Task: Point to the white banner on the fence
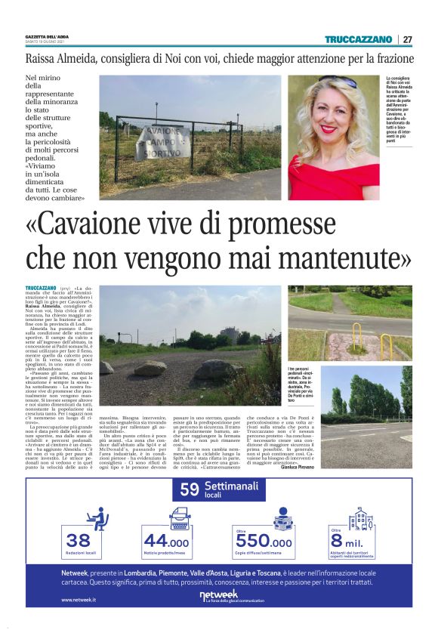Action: pos(162,142)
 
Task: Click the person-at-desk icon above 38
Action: pos(96,517)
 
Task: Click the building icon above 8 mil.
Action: pos(361,517)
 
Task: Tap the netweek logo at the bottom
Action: pos(218,594)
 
